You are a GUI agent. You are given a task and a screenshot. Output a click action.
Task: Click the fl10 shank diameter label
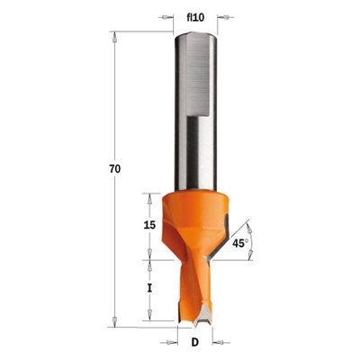[195, 18]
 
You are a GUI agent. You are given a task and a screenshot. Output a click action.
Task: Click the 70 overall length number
[114, 169]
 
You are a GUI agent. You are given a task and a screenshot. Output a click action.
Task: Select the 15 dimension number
[149, 225]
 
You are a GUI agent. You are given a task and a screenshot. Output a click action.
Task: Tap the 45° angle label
[240, 243]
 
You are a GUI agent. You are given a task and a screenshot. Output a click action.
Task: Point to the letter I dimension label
[149, 289]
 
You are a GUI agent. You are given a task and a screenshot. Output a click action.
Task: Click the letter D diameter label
[195, 342]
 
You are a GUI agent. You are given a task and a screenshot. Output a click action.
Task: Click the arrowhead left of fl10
[169, 17]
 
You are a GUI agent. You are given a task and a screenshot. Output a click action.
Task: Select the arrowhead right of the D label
[217, 342]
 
